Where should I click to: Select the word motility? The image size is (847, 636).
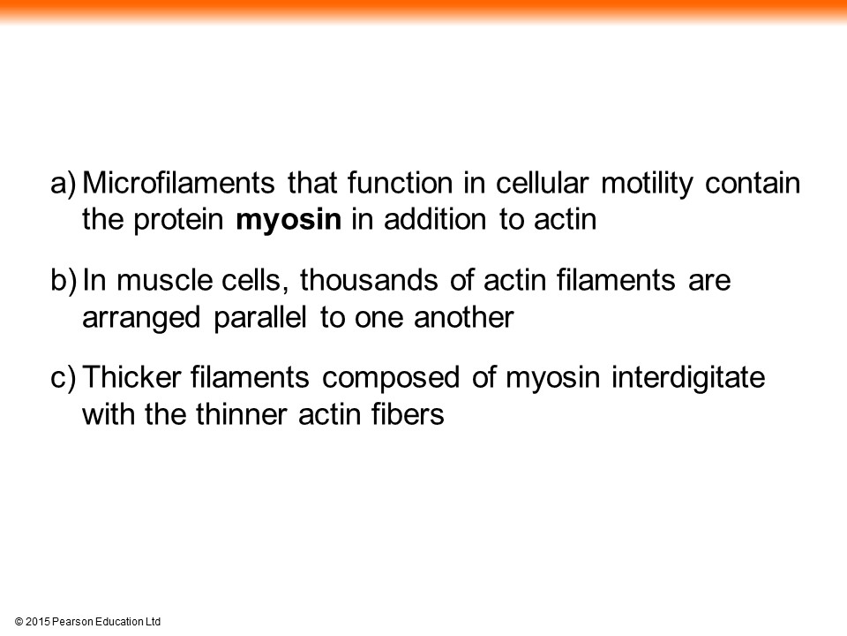point(647,185)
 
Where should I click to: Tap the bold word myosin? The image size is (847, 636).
point(289,221)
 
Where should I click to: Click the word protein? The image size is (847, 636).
point(178,221)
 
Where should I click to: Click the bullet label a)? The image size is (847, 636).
point(64,184)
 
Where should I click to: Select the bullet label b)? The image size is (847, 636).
point(64,281)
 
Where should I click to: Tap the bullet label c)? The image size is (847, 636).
point(64,378)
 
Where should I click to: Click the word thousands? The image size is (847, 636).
point(369,280)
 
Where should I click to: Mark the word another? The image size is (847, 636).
point(463,317)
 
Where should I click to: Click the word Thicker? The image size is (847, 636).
point(131,377)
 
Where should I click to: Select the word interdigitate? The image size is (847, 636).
point(688,378)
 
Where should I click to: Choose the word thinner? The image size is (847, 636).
point(242,415)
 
